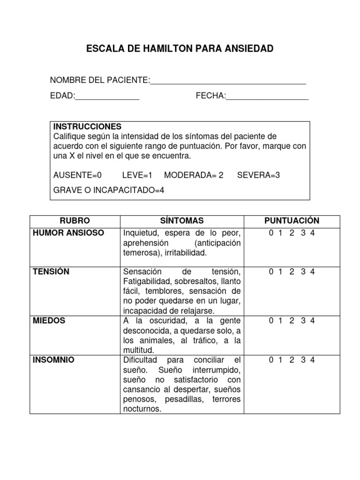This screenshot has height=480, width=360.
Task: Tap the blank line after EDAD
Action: (x=107, y=98)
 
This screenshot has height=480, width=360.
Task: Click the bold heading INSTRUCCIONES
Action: (x=87, y=127)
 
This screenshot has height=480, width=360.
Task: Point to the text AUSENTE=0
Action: (x=77, y=175)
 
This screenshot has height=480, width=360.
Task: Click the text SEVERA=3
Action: (x=258, y=175)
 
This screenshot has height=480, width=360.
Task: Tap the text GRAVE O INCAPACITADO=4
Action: (x=109, y=190)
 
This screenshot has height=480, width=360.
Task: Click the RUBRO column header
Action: (x=75, y=221)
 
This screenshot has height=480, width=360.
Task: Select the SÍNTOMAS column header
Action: (x=182, y=221)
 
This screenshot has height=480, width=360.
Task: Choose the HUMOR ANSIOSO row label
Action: (x=69, y=233)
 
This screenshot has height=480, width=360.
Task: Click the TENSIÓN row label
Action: (x=51, y=272)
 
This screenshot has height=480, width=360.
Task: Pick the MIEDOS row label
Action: (x=49, y=321)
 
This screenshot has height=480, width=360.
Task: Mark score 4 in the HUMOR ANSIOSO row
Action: (x=312, y=233)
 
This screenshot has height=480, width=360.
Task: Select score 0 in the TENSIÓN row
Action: (x=271, y=272)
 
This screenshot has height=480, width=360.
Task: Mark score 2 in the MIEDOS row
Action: (x=292, y=321)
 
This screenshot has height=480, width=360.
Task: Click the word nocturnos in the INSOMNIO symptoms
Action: (x=142, y=409)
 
